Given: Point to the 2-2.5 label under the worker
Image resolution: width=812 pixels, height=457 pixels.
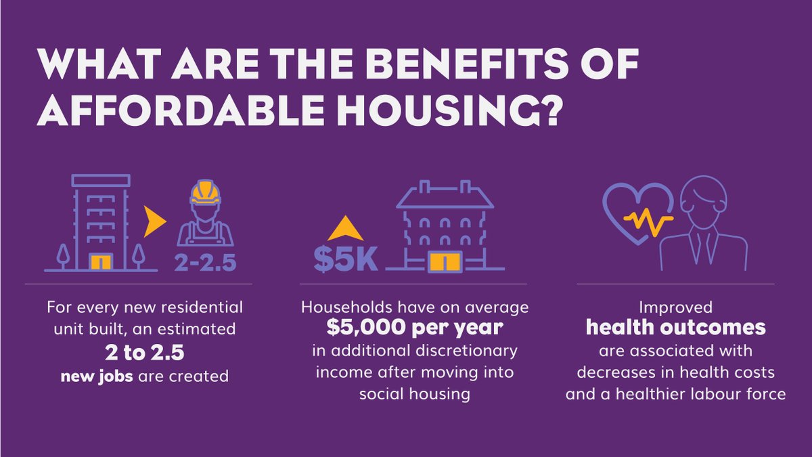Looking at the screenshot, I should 206,261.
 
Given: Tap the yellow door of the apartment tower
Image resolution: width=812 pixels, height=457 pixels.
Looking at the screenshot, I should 101,261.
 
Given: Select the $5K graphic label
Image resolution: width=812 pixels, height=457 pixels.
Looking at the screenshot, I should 345,259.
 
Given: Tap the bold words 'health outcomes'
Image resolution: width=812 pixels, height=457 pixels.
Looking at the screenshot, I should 675,328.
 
